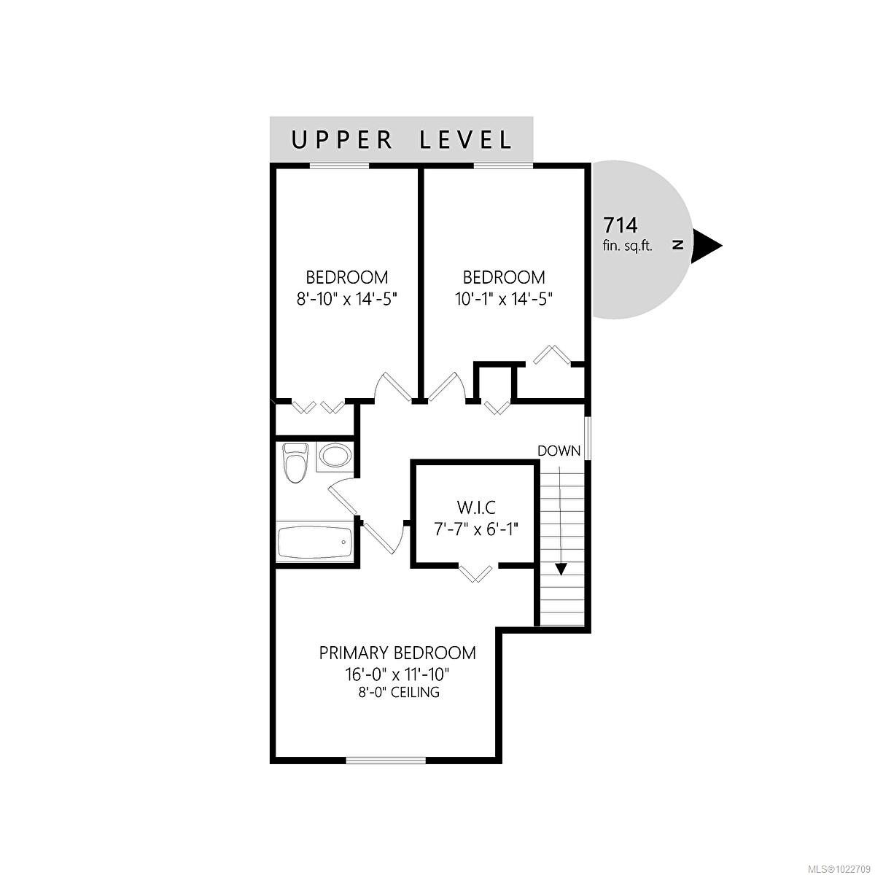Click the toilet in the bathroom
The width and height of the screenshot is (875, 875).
(x=295, y=464)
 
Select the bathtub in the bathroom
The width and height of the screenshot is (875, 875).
(x=315, y=542)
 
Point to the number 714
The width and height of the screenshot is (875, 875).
(x=620, y=224)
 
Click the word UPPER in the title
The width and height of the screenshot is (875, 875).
(x=343, y=139)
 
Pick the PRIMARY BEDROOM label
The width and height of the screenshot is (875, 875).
(x=397, y=653)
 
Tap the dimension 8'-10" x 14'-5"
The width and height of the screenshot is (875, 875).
(x=346, y=298)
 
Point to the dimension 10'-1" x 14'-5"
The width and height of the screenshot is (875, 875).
(x=504, y=298)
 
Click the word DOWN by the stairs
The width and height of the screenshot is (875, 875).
(x=559, y=451)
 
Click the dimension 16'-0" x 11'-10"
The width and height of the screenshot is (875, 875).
(x=397, y=673)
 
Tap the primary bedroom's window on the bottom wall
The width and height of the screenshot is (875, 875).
(x=386, y=761)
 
